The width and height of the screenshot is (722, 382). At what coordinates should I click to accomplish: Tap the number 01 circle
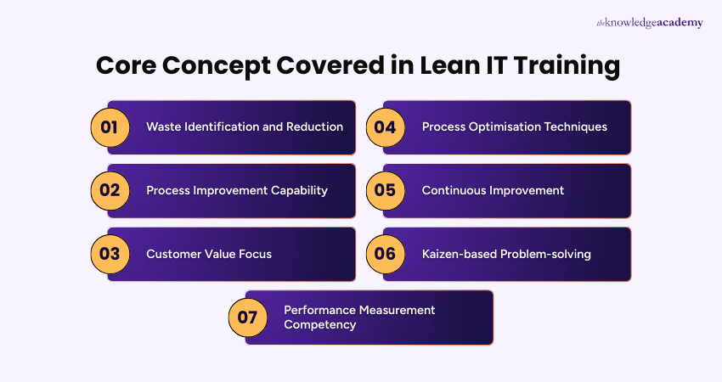[x=110, y=127]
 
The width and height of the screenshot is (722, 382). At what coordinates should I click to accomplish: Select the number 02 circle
[x=110, y=190]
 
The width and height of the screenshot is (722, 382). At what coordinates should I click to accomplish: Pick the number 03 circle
[x=110, y=254]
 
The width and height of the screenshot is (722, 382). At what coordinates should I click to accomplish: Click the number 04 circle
[x=385, y=127]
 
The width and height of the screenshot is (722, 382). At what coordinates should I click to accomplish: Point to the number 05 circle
[x=385, y=190]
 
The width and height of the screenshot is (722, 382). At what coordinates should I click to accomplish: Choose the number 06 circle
[x=385, y=254]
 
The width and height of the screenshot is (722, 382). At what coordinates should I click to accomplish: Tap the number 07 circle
[x=247, y=317]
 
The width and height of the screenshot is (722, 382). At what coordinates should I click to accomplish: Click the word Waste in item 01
[x=164, y=126]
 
